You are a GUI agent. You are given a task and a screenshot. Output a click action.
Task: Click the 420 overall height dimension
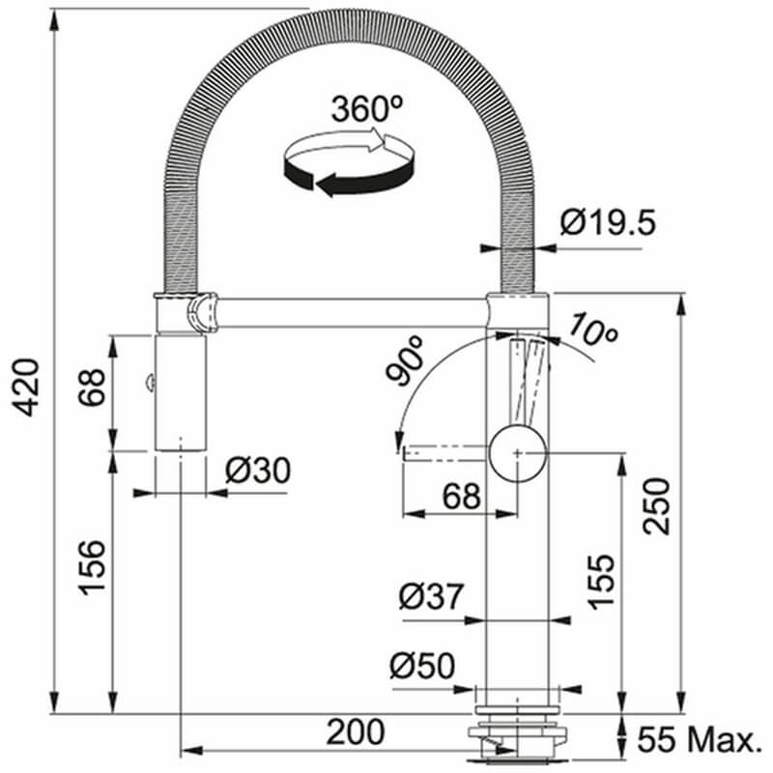tap(25, 387)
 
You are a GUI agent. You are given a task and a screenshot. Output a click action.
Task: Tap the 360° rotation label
tap(367, 109)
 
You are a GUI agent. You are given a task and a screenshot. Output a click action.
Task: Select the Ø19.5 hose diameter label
tap(608, 222)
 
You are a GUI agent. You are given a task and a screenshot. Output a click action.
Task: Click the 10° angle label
tap(593, 329)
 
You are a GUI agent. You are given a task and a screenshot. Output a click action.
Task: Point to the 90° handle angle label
tap(405, 360)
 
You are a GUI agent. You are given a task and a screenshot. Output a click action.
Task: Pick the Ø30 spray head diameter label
tap(258, 471)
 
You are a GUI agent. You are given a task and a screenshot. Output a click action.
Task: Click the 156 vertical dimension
tap(92, 568)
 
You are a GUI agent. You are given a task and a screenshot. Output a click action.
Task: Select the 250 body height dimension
tap(657, 506)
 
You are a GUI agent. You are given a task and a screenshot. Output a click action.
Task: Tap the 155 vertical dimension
tap(601, 583)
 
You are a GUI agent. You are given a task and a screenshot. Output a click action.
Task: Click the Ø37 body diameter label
tap(431, 596)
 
